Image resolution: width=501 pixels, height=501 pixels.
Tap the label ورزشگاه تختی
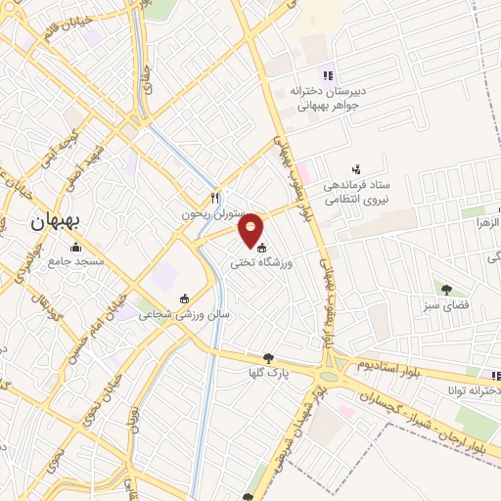(x=262, y=262)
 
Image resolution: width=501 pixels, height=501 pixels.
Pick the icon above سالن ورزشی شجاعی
(x=184, y=298)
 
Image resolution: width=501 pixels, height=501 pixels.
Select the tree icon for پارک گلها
(x=269, y=358)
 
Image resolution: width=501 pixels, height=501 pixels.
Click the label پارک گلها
(x=269, y=374)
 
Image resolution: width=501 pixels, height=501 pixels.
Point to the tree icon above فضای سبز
(x=446, y=289)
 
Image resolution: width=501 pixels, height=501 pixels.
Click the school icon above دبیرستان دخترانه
(x=330, y=75)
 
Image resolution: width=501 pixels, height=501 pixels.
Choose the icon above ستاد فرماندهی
(x=355, y=168)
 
